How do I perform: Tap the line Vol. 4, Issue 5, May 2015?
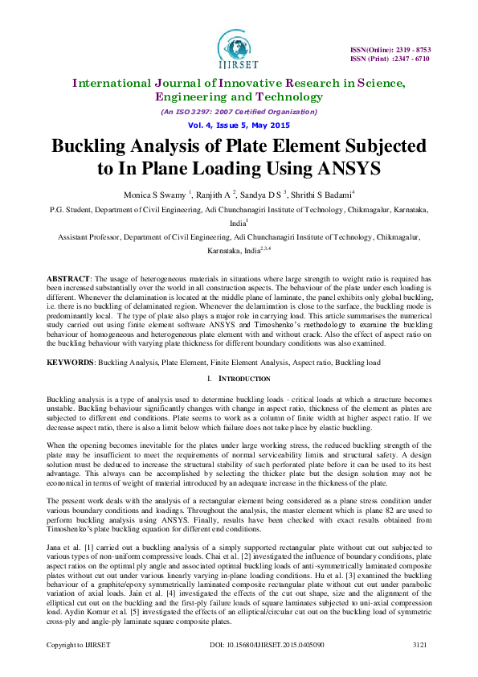[x=239, y=126]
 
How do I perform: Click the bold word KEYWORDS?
[x=71, y=363]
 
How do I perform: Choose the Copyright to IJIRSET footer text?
[x=77, y=667]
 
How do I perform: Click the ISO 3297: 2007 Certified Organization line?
[x=239, y=113]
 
